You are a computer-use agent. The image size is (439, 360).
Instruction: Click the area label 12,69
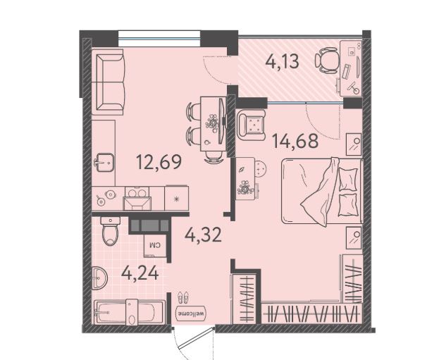click(159, 163)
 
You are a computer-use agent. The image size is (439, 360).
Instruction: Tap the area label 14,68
click(295, 141)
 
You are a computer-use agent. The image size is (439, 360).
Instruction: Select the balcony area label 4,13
click(282, 61)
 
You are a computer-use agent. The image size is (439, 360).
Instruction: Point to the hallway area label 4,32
click(203, 235)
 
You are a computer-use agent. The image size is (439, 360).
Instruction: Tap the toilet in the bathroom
click(111, 231)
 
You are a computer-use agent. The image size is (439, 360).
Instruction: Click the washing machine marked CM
click(155, 245)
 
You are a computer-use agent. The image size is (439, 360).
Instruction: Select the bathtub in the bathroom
click(130, 312)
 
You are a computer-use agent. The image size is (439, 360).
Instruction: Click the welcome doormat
click(191, 313)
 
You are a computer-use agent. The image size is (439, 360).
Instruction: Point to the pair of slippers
click(183, 297)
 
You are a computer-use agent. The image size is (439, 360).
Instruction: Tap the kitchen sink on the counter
click(104, 162)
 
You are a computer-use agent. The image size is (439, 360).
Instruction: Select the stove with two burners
click(137, 199)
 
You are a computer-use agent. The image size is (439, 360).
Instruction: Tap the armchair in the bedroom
click(251, 125)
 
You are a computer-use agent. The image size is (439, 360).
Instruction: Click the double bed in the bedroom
click(322, 191)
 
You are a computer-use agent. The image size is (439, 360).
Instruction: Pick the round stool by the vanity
click(261, 168)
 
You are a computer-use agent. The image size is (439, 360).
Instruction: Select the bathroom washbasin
click(99, 278)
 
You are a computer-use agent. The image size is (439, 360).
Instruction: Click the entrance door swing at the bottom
click(192, 342)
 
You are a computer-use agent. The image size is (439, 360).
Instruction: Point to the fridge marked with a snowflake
click(176, 199)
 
